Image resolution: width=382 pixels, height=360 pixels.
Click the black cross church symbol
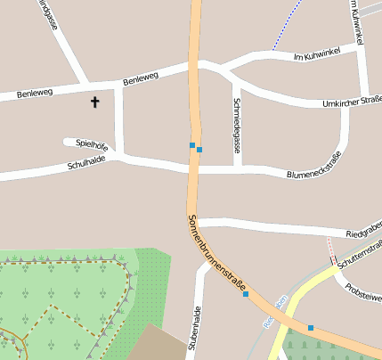coord(95,102)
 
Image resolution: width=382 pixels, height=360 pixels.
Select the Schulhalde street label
coord(86,162)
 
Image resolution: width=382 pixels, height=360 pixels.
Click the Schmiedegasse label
coord(236,125)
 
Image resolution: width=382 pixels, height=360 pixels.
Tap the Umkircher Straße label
coord(353,102)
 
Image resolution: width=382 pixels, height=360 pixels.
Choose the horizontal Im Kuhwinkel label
coord(317,54)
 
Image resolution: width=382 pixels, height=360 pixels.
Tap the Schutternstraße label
coord(360,252)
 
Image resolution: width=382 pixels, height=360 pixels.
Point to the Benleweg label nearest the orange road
coord(141,78)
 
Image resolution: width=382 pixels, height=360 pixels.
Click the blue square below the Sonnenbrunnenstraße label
coord(246,294)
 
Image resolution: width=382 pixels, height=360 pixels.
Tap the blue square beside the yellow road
coord(311,328)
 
